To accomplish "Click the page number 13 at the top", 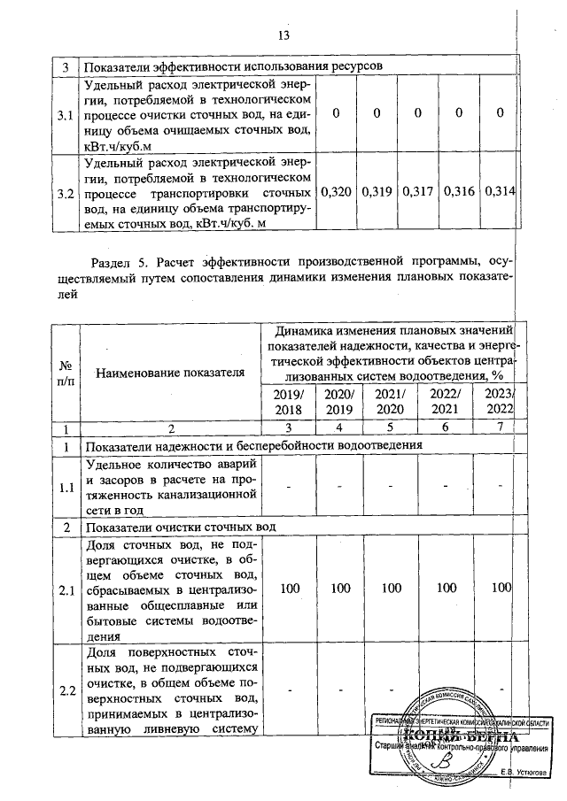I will click(283, 35).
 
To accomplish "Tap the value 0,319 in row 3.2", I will click(376, 191).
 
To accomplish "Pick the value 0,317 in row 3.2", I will click(417, 191).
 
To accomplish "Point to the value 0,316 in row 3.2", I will click(459, 191).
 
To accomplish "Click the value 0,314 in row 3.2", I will click(500, 191).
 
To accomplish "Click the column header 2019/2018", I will click(289, 403).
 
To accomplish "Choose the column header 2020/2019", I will click(339, 403).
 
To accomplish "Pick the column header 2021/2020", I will click(389, 403).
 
